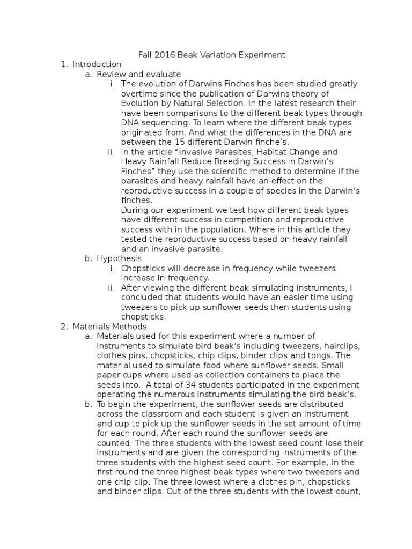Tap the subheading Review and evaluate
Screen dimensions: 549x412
pyautogui.click(x=138, y=74)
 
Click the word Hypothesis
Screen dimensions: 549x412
pyautogui.click(x=119, y=258)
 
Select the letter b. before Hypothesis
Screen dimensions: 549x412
pyautogui.click(x=89, y=258)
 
